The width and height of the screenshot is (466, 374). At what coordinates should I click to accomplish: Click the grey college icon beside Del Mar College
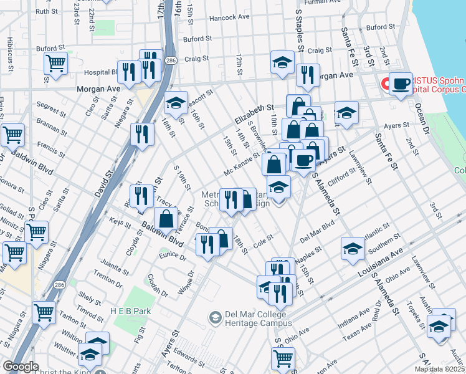pyautogui.click(x=216, y=318)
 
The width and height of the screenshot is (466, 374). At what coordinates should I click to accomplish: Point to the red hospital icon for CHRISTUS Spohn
pyautogui.click(x=386, y=82)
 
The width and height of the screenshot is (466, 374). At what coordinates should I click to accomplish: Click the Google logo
pyautogui.click(x=21, y=367)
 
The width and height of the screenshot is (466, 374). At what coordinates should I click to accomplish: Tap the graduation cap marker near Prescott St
pyautogui.click(x=176, y=102)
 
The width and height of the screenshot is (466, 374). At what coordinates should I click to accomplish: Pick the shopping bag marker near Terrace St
pyautogui.click(x=167, y=219)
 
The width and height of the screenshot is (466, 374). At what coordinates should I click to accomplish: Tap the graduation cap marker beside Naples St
pyautogui.click(x=353, y=248)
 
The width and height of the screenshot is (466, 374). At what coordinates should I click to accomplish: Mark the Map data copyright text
pyautogui.click(x=440, y=369)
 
